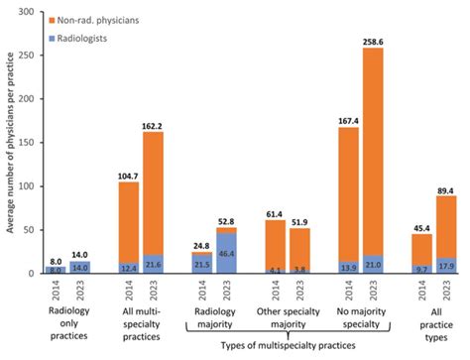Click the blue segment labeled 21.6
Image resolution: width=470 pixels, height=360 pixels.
(155, 265)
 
